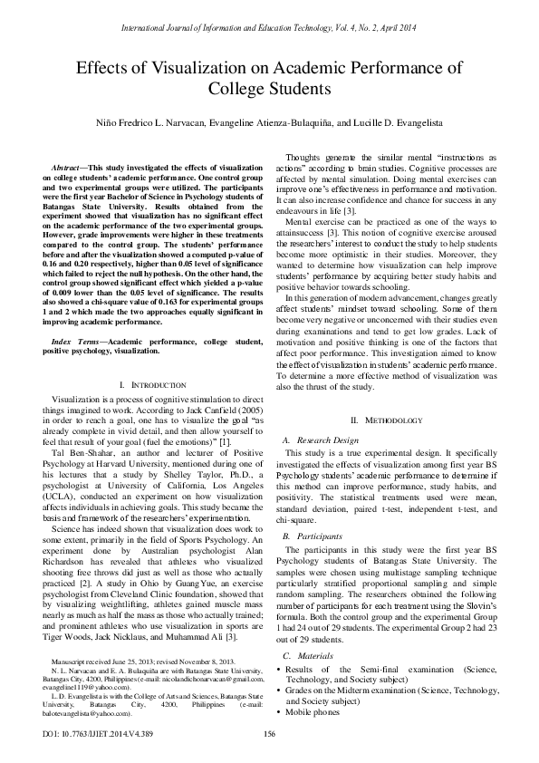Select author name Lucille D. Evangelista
(390, 122)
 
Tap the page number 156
(269, 734)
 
